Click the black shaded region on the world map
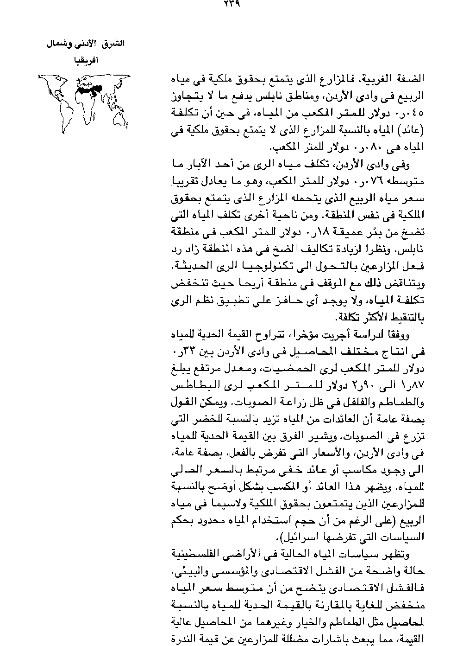coord(88,89)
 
